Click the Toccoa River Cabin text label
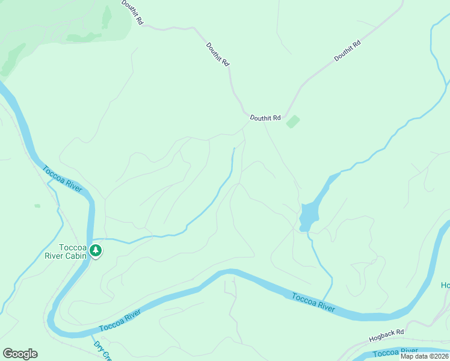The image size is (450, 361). pos(73,251)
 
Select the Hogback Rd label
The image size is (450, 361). pos(387,332)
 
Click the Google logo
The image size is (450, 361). pos(20,354)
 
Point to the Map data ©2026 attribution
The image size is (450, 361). pos(425,356)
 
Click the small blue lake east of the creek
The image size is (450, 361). pos(308,215)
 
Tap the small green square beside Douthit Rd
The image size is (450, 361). pos(293,122)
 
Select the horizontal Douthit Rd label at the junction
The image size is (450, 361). pos(265,118)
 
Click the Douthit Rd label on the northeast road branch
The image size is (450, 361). pos(347,51)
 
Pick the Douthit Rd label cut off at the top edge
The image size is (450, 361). pos(132,12)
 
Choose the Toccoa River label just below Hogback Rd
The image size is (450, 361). pos(396,351)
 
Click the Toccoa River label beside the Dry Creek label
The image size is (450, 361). pos(120,320)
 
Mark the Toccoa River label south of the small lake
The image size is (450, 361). pos(313,302)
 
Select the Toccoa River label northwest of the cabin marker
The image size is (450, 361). pos(63,178)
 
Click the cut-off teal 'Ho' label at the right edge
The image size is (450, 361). pos(445,285)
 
